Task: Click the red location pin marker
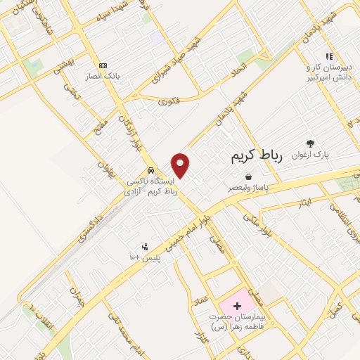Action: (181, 165)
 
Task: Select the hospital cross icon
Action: (237, 306)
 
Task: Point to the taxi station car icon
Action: (151, 171)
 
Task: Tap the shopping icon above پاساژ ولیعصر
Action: (250, 177)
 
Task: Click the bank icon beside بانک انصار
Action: (104, 65)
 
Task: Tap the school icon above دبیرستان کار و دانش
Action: (328, 56)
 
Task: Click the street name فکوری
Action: (169, 102)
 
